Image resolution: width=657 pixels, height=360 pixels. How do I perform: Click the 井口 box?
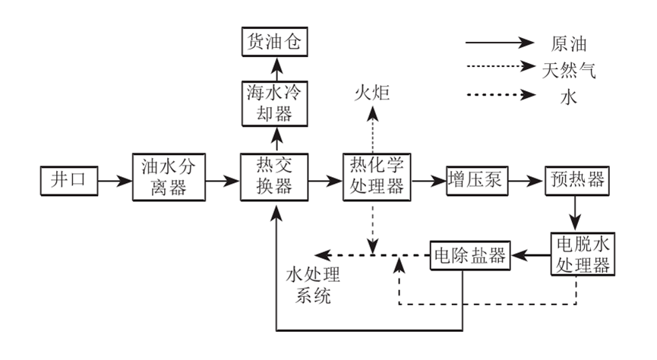tap(70, 181)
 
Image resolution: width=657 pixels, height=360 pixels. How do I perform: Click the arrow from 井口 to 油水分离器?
tap(115, 182)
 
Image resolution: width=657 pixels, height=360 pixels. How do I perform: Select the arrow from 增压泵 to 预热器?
tap(523, 182)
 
